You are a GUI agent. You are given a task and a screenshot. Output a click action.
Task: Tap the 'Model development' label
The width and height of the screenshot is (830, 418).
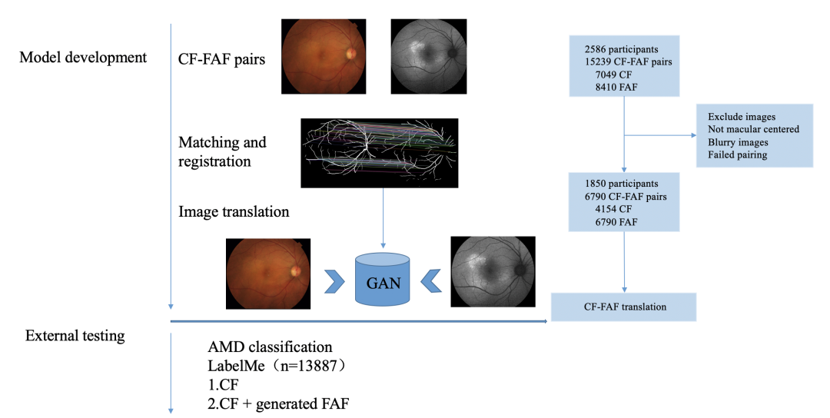point(83,58)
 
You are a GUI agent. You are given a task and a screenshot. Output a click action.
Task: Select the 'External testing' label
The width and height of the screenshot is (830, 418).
point(75,336)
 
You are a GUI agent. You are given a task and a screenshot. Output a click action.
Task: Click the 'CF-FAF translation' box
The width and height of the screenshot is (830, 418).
point(624,307)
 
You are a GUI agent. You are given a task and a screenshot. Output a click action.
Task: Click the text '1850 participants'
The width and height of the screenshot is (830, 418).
point(620,184)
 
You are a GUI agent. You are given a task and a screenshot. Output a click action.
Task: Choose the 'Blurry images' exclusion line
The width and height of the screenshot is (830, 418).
point(738,142)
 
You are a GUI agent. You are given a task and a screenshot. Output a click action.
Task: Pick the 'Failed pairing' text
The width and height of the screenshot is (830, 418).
point(737,155)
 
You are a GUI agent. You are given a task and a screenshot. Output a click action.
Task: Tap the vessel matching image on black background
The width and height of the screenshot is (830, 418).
point(379,153)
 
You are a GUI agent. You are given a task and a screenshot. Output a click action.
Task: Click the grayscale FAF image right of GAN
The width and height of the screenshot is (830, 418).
point(492,271)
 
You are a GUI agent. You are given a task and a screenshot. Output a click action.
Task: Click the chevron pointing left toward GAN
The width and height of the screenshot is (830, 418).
point(432,281)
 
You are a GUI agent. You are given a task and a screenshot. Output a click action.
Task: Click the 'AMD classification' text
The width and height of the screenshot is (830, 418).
point(271,347)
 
